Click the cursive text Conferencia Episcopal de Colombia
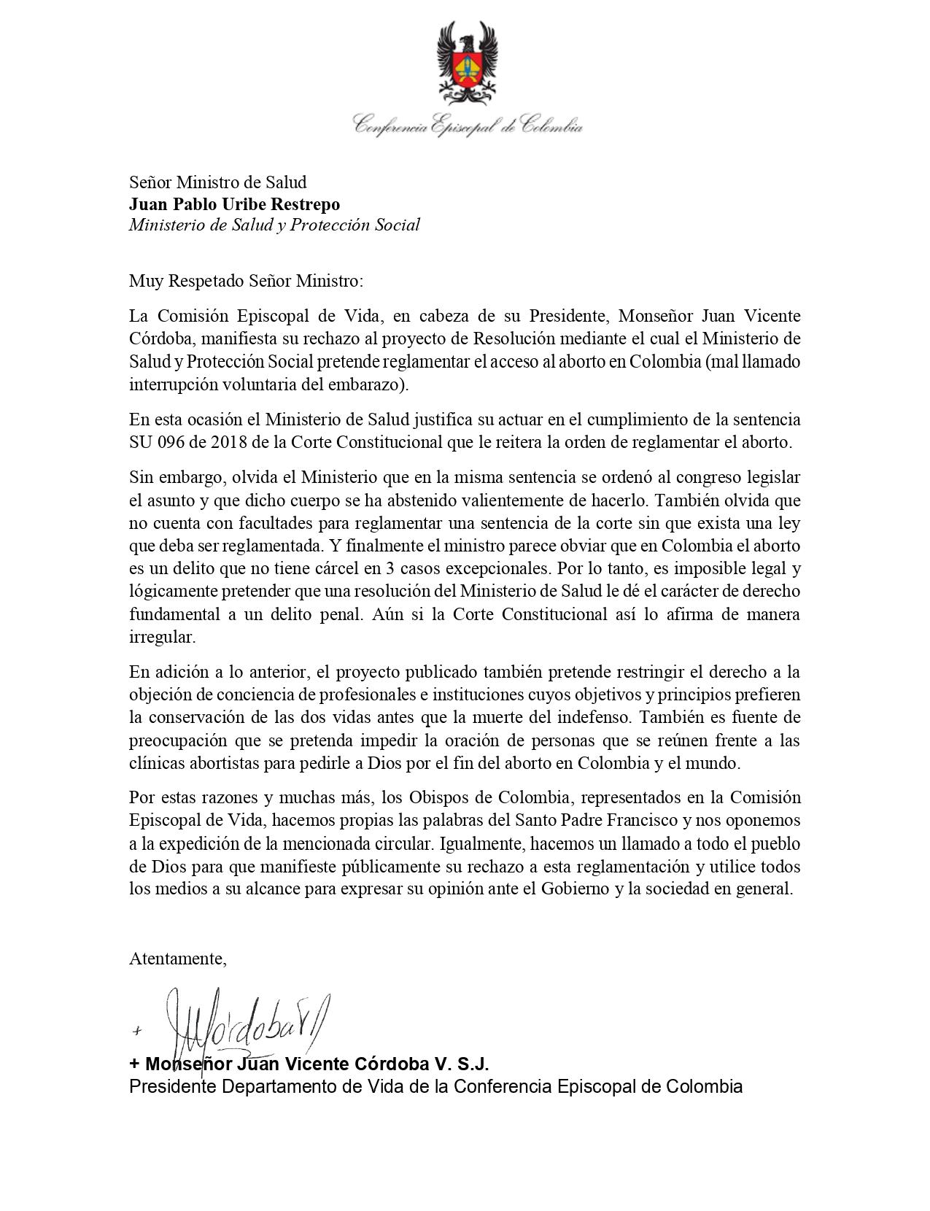[468, 125]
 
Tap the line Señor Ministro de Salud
[217, 182]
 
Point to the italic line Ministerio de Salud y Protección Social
[274, 225]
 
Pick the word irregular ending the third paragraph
[161, 637]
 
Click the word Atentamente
[177, 959]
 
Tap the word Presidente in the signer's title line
[173, 1086]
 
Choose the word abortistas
[229, 764]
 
